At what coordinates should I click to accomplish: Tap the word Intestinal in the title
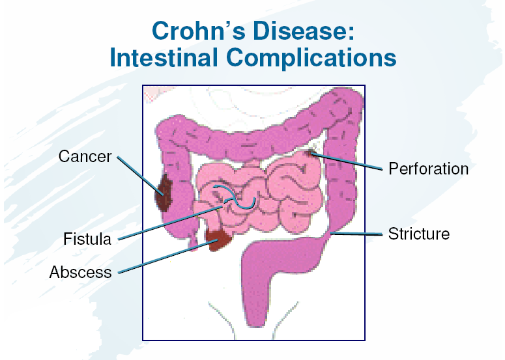(x=171, y=58)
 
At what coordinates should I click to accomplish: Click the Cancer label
(x=85, y=157)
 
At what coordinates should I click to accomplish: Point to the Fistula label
(x=87, y=239)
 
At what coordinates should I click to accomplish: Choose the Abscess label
(x=80, y=271)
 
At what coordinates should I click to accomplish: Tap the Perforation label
(x=428, y=169)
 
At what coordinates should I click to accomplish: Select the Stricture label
(x=418, y=233)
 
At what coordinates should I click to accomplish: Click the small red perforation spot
(x=311, y=154)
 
